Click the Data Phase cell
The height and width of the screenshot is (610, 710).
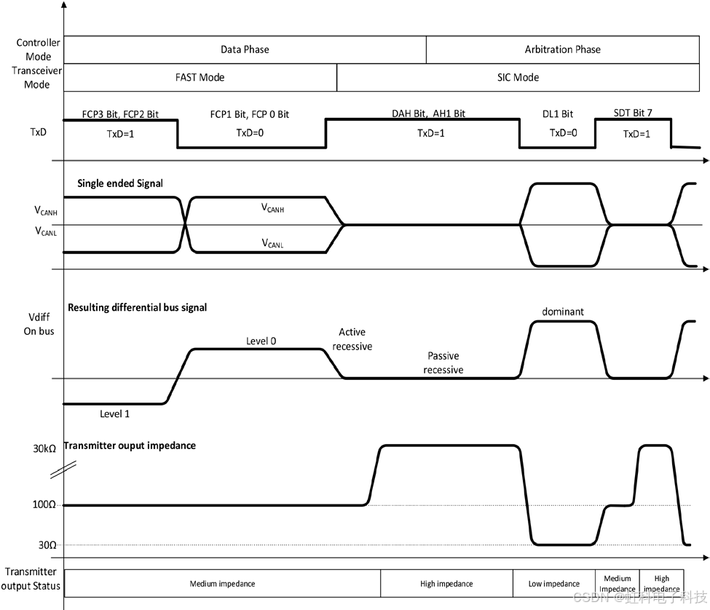[245, 49]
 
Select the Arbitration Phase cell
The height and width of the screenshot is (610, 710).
[562, 49]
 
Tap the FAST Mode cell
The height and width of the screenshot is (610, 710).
[200, 77]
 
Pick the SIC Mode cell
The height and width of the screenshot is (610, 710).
[518, 77]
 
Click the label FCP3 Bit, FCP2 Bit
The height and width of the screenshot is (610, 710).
[120, 114]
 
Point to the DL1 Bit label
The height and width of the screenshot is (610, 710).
[557, 114]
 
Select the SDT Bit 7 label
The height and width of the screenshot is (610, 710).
[623, 114]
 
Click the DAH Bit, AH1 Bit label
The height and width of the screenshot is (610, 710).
[429, 114]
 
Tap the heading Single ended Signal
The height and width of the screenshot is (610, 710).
[120, 183]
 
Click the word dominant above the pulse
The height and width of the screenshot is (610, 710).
[563, 312]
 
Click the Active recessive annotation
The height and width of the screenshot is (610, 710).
[352, 340]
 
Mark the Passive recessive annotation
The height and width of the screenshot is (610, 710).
[443, 363]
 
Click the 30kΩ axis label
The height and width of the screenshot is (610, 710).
[44, 448]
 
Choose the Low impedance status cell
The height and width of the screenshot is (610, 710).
[553, 584]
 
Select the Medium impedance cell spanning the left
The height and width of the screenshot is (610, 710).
[222, 584]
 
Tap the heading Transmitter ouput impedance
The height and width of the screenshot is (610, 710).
[130, 445]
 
